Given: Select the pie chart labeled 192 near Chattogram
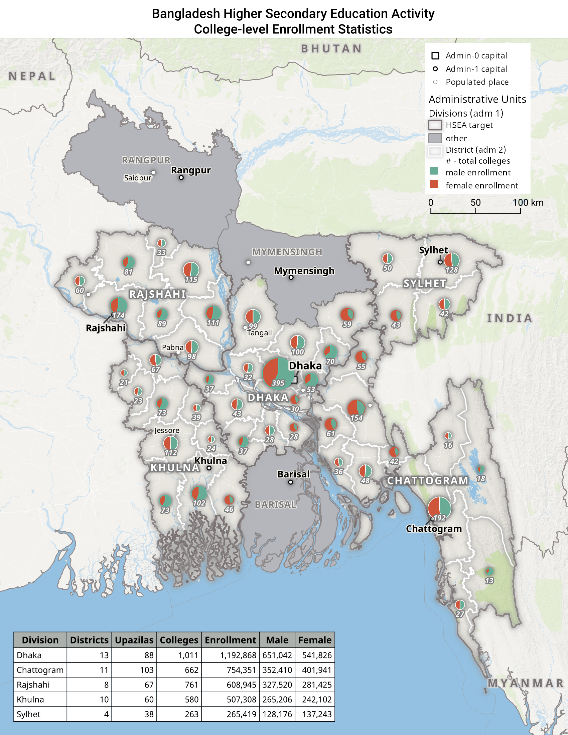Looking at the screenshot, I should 439,508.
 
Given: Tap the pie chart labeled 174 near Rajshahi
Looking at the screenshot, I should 119,306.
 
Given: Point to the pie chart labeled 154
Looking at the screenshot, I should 357,408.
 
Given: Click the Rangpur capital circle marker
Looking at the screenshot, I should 181,177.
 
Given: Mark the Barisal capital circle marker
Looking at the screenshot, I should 291,482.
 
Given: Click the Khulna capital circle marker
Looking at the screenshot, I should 209,468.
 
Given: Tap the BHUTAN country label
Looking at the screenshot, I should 331,49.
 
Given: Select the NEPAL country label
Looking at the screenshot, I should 32,77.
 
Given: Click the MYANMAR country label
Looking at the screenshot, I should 526,683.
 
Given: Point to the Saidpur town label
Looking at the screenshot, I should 137,178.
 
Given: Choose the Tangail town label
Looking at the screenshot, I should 259,333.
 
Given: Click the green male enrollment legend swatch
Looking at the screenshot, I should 434,171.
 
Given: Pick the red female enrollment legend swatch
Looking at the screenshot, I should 434,184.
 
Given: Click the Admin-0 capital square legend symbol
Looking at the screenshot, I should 435,55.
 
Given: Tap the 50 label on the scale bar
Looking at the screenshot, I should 475,202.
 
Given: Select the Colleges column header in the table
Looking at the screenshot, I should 179,640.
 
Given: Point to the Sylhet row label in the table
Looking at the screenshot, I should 29,714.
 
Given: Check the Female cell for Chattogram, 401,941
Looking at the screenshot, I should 317,670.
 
